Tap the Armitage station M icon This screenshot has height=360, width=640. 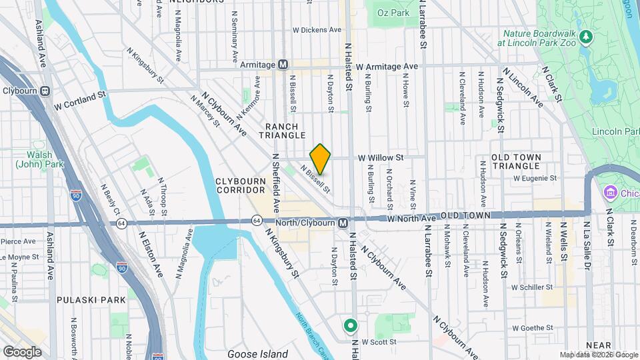point(283,65)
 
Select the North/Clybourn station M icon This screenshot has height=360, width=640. point(342,223)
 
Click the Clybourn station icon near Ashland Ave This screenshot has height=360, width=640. point(45,91)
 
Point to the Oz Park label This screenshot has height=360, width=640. point(392,13)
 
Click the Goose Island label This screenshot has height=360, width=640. point(258,354)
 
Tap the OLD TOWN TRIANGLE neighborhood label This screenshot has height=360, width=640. point(525,161)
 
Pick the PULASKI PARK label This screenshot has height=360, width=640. point(91,300)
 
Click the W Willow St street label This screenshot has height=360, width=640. point(381,158)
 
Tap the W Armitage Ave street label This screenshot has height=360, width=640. point(387,67)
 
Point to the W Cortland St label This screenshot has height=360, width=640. point(81,105)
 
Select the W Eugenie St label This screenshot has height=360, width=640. point(535,178)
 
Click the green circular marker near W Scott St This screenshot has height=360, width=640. point(351,326)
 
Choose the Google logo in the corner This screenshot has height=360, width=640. point(22,351)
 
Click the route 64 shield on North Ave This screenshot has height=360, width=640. point(257,220)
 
